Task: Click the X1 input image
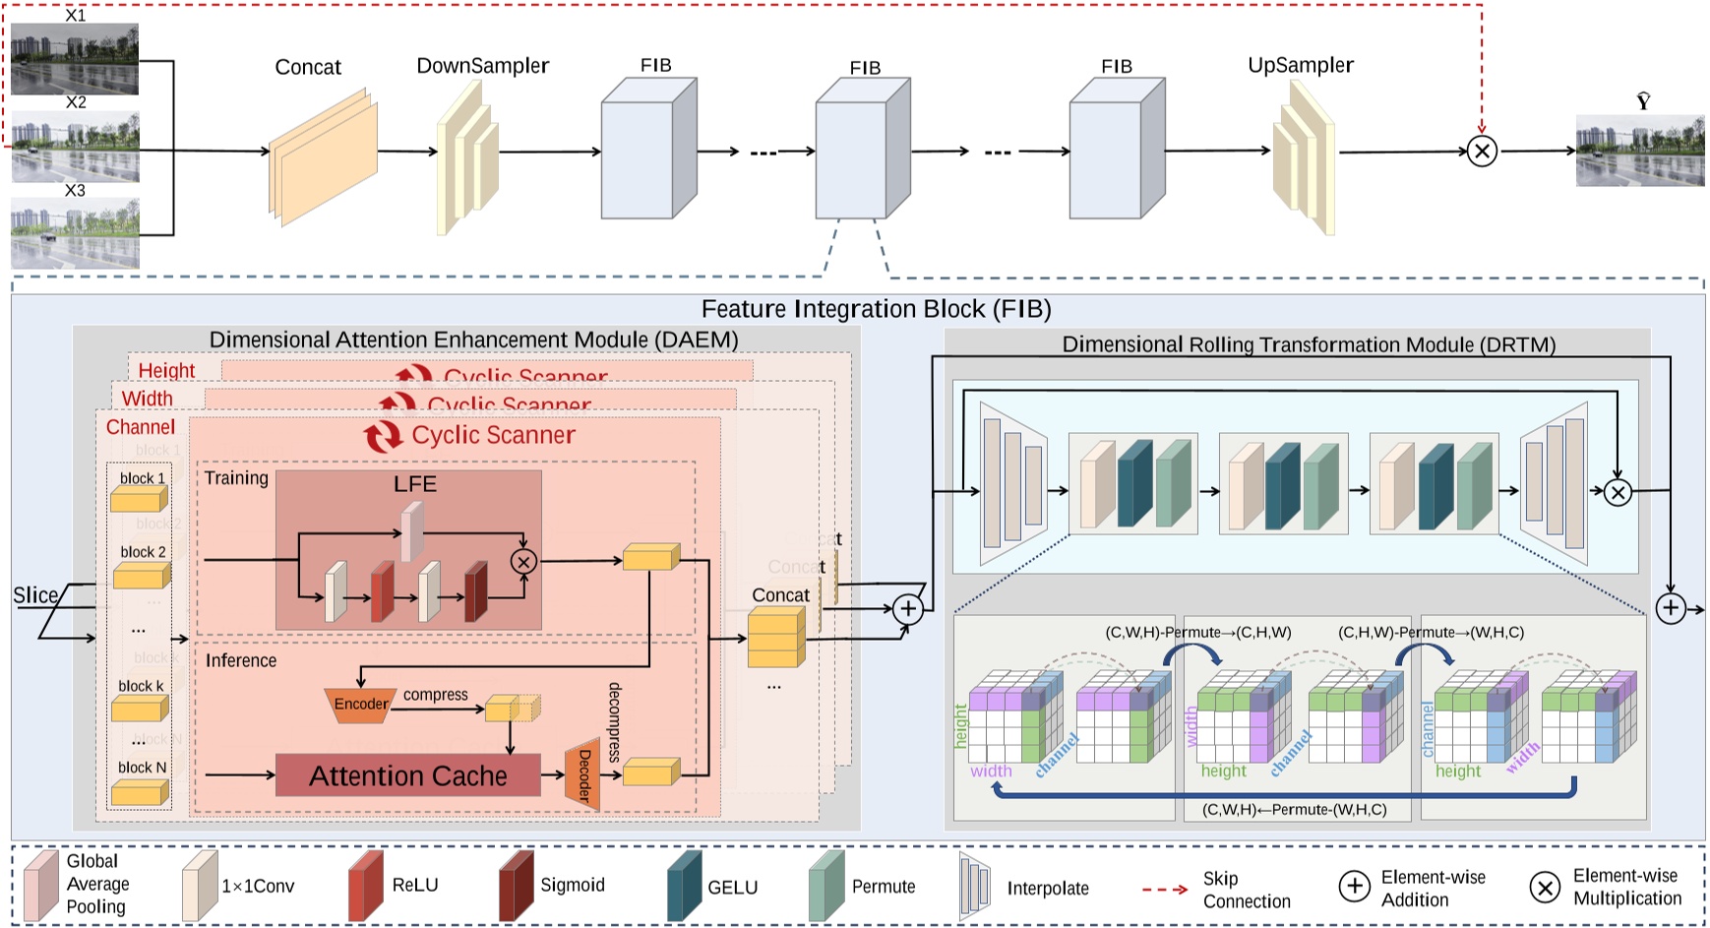click(75, 59)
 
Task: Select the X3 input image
click(75, 233)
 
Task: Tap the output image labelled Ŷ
click(1639, 151)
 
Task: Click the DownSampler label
click(482, 66)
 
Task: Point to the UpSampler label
click(1300, 65)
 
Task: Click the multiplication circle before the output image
click(1482, 151)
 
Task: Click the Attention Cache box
click(407, 775)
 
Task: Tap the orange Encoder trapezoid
click(360, 705)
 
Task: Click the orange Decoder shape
click(582, 773)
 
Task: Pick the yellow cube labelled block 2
click(141, 575)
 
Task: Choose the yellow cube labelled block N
click(140, 791)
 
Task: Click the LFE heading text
click(415, 484)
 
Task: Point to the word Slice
click(35, 595)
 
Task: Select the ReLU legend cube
click(365, 886)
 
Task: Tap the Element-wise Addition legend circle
click(1354, 887)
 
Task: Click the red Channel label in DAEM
click(141, 427)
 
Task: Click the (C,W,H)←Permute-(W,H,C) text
click(1294, 809)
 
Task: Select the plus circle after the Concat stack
click(908, 609)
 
